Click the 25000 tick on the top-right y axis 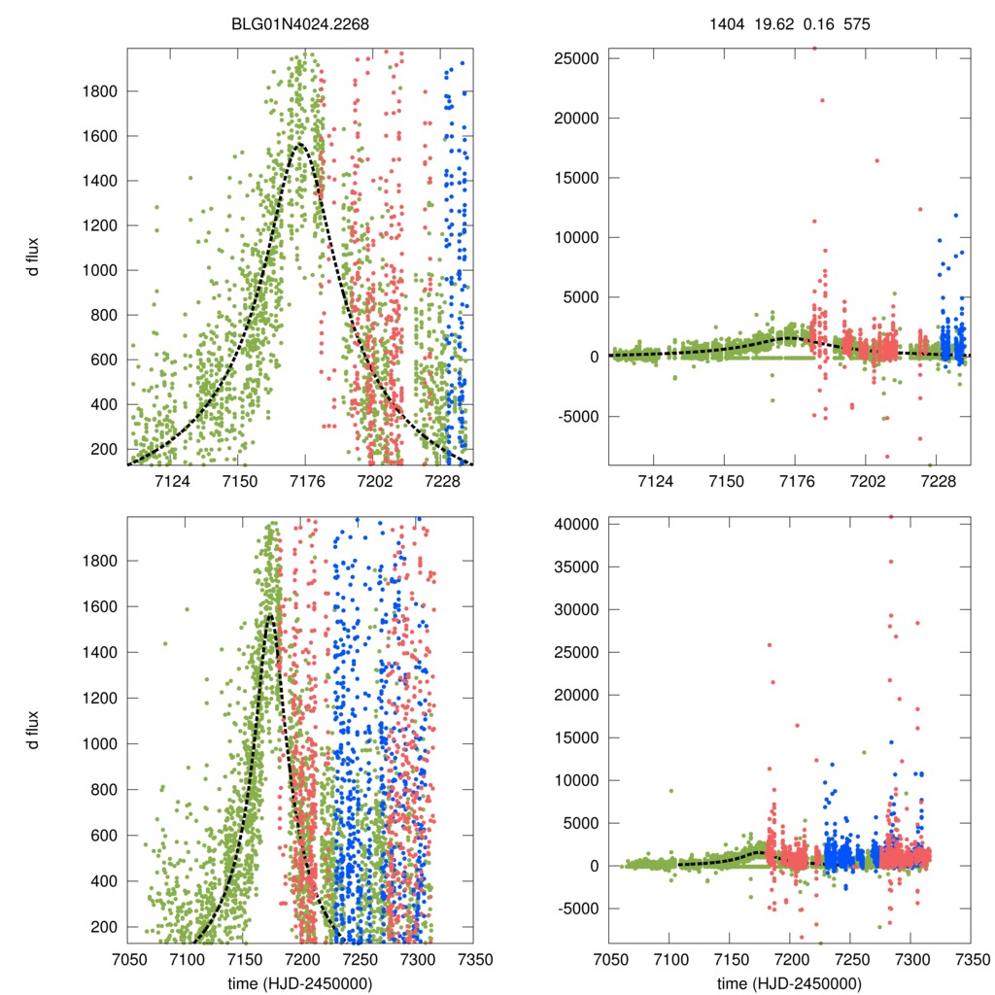click(x=576, y=58)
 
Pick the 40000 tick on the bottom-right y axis click(x=576, y=524)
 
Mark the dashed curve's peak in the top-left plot click(x=300, y=145)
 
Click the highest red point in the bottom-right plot click(x=891, y=517)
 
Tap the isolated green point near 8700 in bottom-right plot click(x=670, y=791)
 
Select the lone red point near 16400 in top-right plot click(x=876, y=161)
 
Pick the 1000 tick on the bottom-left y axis click(x=98, y=743)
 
